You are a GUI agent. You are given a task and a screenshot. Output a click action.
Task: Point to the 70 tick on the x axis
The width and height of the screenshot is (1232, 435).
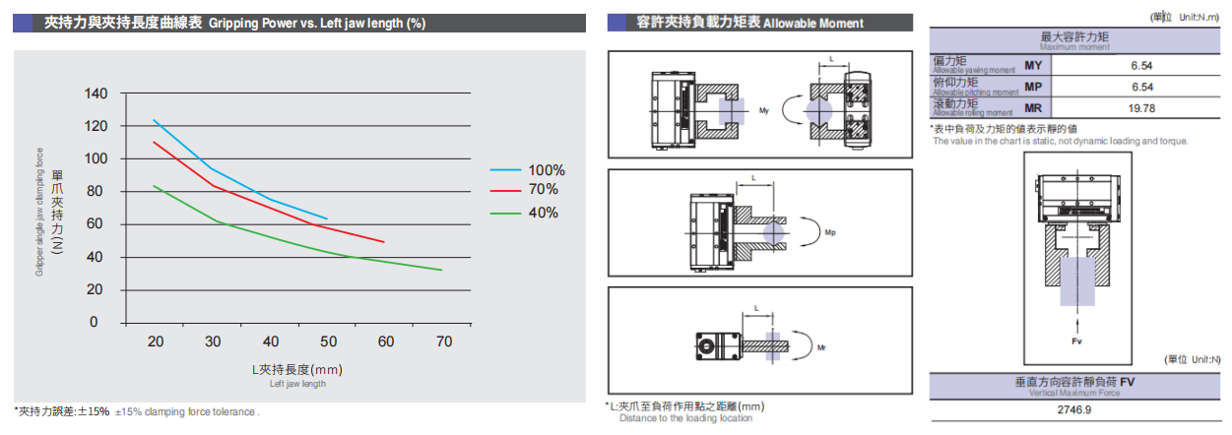(444, 342)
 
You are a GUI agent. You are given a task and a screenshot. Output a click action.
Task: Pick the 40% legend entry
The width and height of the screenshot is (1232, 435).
(542, 212)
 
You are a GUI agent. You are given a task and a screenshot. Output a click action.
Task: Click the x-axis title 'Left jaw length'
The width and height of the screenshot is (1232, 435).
(297, 384)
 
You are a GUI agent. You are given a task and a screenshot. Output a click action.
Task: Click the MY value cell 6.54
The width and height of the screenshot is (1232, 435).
(1140, 65)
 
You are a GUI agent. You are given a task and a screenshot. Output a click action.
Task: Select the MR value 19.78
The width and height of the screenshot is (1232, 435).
(1140, 107)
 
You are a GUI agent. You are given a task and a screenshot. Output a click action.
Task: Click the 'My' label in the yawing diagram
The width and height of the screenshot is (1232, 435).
(763, 110)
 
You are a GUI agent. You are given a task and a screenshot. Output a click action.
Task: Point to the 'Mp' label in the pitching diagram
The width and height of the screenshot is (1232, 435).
(829, 232)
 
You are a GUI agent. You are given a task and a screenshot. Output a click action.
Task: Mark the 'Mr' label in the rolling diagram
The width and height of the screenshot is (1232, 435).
(822, 347)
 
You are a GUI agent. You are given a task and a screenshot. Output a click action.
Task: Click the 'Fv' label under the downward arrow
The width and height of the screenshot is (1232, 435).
(1079, 341)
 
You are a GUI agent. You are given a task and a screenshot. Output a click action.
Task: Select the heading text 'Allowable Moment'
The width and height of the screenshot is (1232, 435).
(813, 23)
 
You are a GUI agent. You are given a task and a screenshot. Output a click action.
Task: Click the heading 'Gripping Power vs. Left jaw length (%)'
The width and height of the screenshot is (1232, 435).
(317, 22)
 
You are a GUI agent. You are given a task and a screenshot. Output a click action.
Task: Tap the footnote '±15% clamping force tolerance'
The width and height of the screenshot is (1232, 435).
(187, 411)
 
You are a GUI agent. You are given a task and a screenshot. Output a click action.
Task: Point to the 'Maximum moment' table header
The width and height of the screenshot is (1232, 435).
(1078, 46)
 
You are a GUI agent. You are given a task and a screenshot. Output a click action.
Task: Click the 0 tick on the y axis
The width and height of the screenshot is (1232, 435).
(95, 322)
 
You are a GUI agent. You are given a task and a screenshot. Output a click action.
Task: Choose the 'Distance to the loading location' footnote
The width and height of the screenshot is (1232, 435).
(685, 418)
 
